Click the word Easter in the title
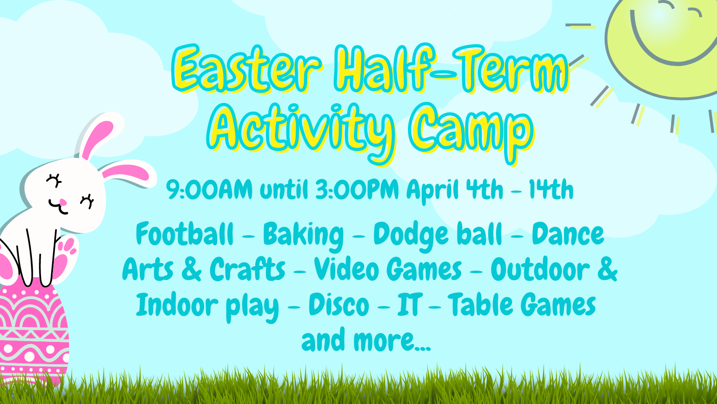point(247,69)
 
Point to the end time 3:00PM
point(357,189)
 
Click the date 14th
point(550,189)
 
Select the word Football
point(184,233)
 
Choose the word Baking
point(303,236)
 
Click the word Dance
point(568,233)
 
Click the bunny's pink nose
point(63,202)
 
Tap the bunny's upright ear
point(97,136)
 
